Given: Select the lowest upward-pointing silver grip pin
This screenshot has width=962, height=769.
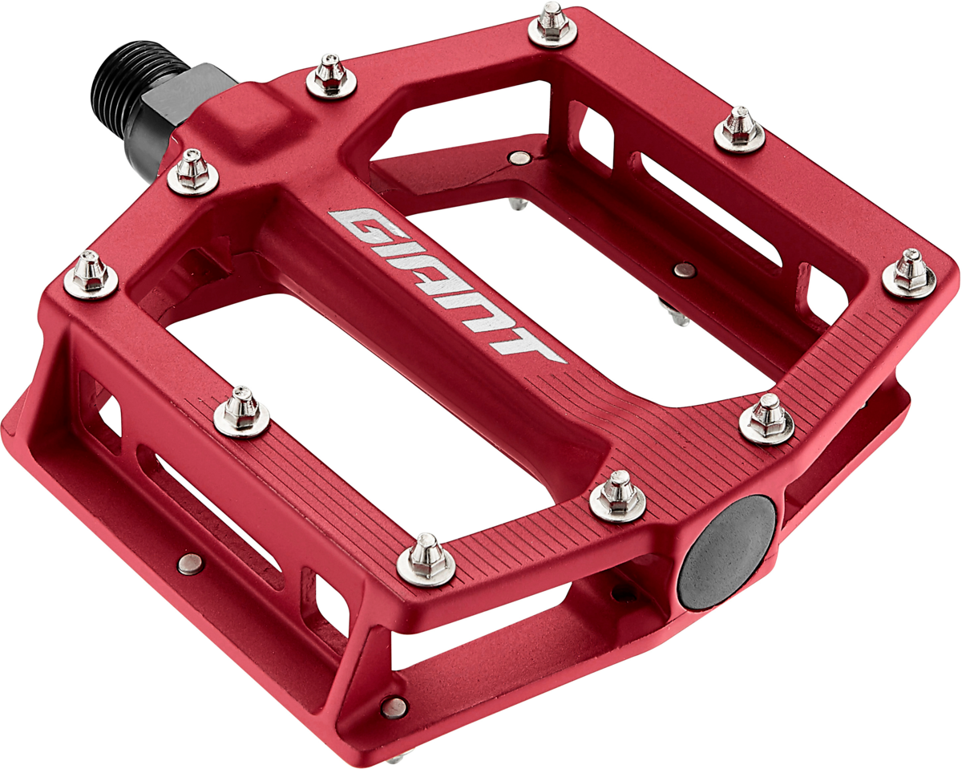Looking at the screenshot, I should click(426, 558).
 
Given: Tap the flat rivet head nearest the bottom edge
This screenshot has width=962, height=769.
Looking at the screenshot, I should click(393, 706).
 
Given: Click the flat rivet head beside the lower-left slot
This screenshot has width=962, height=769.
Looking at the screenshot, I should click(190, 565).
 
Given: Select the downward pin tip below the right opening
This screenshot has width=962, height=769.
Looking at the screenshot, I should click(678, 316).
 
